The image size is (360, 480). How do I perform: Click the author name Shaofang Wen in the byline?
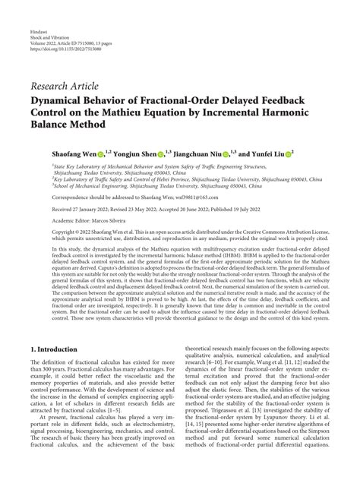click(x=70, y=152)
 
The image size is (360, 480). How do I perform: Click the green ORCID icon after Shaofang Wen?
click(x=99, y=152)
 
